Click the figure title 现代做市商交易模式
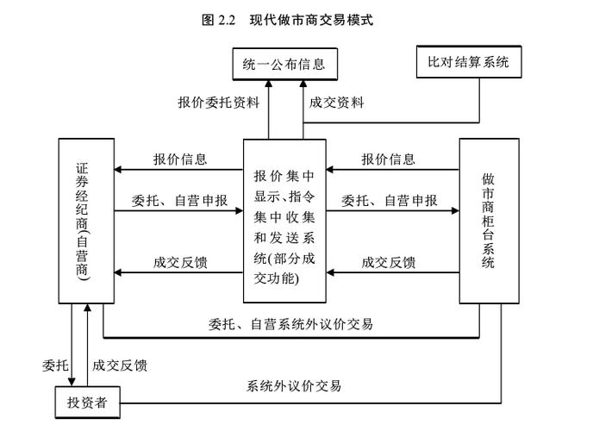click(312, 19)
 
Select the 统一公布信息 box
click(284, 65)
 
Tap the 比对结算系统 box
click(468, 63)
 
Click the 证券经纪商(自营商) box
click(84, 221)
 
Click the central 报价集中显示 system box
click(284, 221)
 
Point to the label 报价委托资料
click(219, 103)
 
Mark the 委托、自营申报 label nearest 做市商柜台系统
click(389, 201)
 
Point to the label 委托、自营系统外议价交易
click(290, 324)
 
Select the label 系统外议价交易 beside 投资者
click(294, 385)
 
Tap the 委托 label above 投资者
click(54, 365)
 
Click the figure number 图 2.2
click(218, 19)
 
